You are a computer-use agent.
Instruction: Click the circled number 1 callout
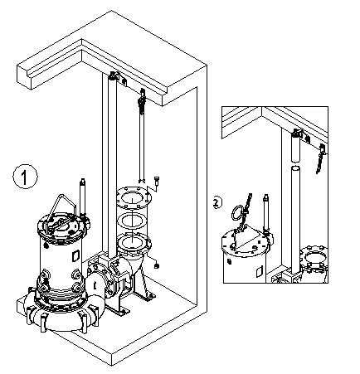25,176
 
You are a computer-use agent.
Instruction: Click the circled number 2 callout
216,202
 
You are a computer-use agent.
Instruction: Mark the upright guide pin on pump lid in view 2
265,211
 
